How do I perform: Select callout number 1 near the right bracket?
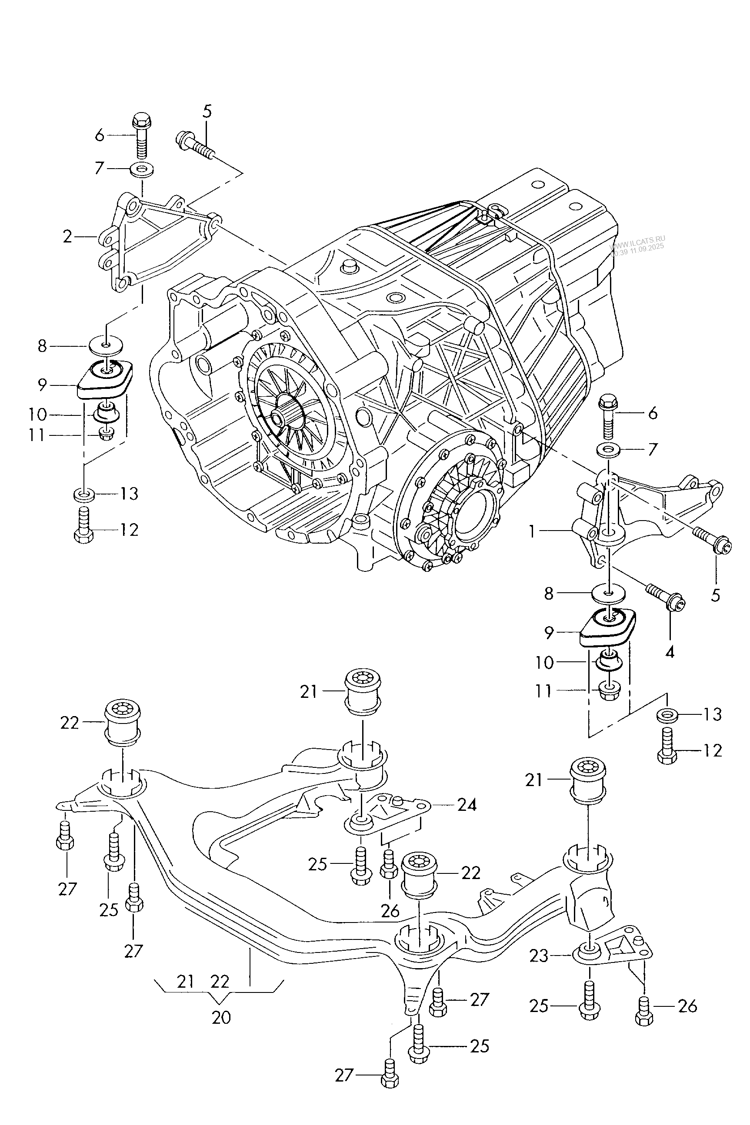[532, 531]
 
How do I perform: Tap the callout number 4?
[670, 652]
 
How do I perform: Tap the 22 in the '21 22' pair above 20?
[220, 982]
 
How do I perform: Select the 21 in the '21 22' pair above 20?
[185, 982]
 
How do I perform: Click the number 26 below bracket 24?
[390, 911]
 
